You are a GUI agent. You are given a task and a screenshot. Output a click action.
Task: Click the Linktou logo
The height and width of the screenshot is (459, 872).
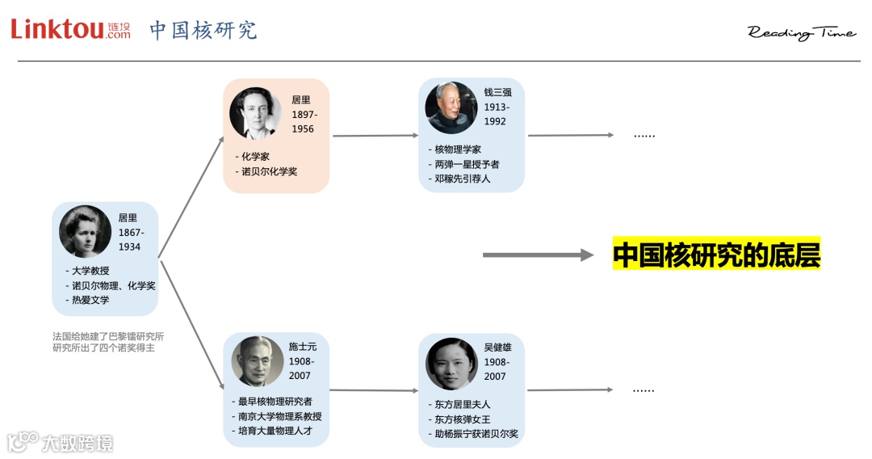pyautogui.click(x=70, y=29)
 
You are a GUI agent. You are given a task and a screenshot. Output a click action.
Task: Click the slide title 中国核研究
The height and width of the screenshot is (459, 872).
pyautogui.click(x=203, y=30)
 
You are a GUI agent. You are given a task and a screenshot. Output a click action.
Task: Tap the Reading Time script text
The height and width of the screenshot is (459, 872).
pyautogui.click(x=801, y=32)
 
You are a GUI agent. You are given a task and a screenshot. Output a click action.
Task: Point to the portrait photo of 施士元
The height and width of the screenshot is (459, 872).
pyautogui.click(x=258, y=361)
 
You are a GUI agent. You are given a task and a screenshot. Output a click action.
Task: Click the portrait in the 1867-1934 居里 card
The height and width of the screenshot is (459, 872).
pyautogui.click(x=85, y=232)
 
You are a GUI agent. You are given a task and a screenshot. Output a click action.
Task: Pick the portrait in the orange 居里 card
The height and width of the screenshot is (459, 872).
pyautogui.click(x=255, y=113)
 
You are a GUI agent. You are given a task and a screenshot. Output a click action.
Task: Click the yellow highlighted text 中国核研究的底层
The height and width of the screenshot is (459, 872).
pyautogui.click(x=716, y=255)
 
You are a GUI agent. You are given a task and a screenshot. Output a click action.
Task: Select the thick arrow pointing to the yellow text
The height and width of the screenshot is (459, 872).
pyautogui.click(x=538, y=255)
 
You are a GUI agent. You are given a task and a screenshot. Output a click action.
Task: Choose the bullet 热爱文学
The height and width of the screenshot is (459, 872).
pyautogui.click(x=90, y=300)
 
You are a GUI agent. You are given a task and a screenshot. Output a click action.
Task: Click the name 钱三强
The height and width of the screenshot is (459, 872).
pyautogui.click(x=497, y=92)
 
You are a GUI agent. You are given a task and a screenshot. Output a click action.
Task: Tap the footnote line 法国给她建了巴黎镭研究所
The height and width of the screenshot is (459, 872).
pyautogui.click(x=108, y=336)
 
